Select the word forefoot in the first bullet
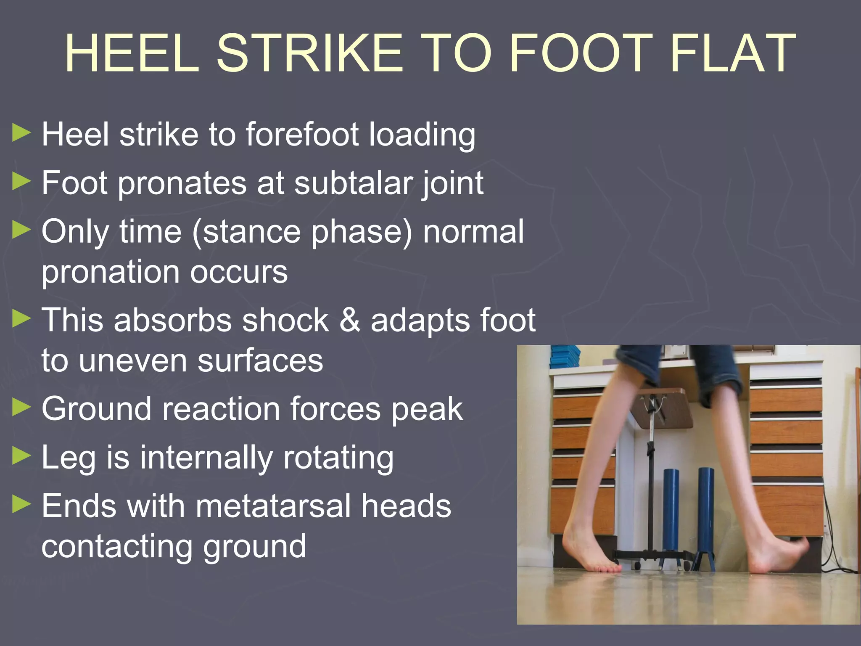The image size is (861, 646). click(302, 135)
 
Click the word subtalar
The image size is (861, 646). click(352, 183)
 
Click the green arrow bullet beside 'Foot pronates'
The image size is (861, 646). click(22, 182)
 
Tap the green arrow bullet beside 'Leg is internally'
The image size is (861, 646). click(22, 456)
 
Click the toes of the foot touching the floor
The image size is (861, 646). click(605, 568)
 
